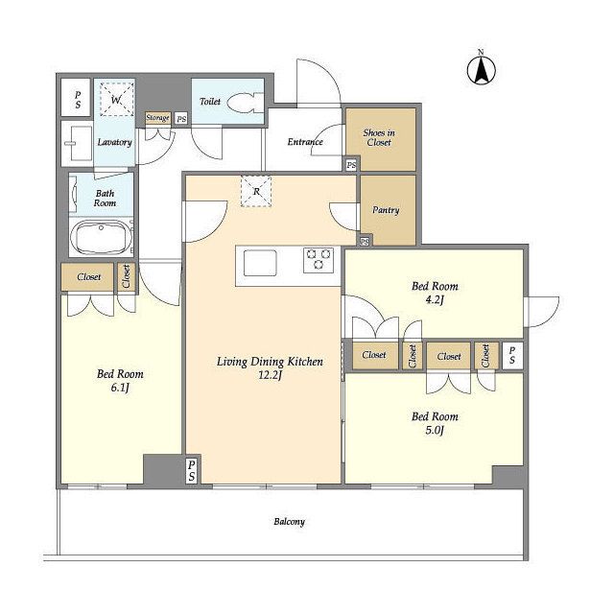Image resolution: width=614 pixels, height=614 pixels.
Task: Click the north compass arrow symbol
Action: tap(482, 70)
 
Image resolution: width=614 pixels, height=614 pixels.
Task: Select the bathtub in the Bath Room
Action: tap(102, 237)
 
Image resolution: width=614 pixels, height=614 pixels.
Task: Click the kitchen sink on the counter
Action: tap(260, 263)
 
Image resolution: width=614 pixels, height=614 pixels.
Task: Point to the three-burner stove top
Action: tap(319, 259)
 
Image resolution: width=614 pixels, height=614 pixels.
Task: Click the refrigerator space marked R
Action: tap(256, 191)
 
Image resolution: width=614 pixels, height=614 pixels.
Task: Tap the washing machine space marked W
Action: tap(116, 100)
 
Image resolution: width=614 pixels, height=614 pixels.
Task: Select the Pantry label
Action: tap(386, 210)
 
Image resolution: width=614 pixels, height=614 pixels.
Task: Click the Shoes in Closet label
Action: tap(379, 137)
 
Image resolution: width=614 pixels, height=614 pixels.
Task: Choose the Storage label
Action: tap(157, 117)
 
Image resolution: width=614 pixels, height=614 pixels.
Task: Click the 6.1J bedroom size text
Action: tap(120, 388)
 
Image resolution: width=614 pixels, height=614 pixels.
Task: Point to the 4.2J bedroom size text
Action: tap(435, 300)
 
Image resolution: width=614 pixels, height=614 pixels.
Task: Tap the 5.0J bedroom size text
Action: tap(435, 431)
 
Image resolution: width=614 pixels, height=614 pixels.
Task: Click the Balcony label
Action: tap(289, 522)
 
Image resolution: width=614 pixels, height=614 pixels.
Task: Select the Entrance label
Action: tap(305, 142)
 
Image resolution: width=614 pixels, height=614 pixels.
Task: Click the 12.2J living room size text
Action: tap(270, 375)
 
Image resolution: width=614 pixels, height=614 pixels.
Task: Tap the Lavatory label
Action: tap(114, 142)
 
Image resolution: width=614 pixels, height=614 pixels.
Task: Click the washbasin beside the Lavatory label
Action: tap(77, 143)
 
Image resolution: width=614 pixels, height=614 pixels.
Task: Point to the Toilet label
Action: tap(210, 102)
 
